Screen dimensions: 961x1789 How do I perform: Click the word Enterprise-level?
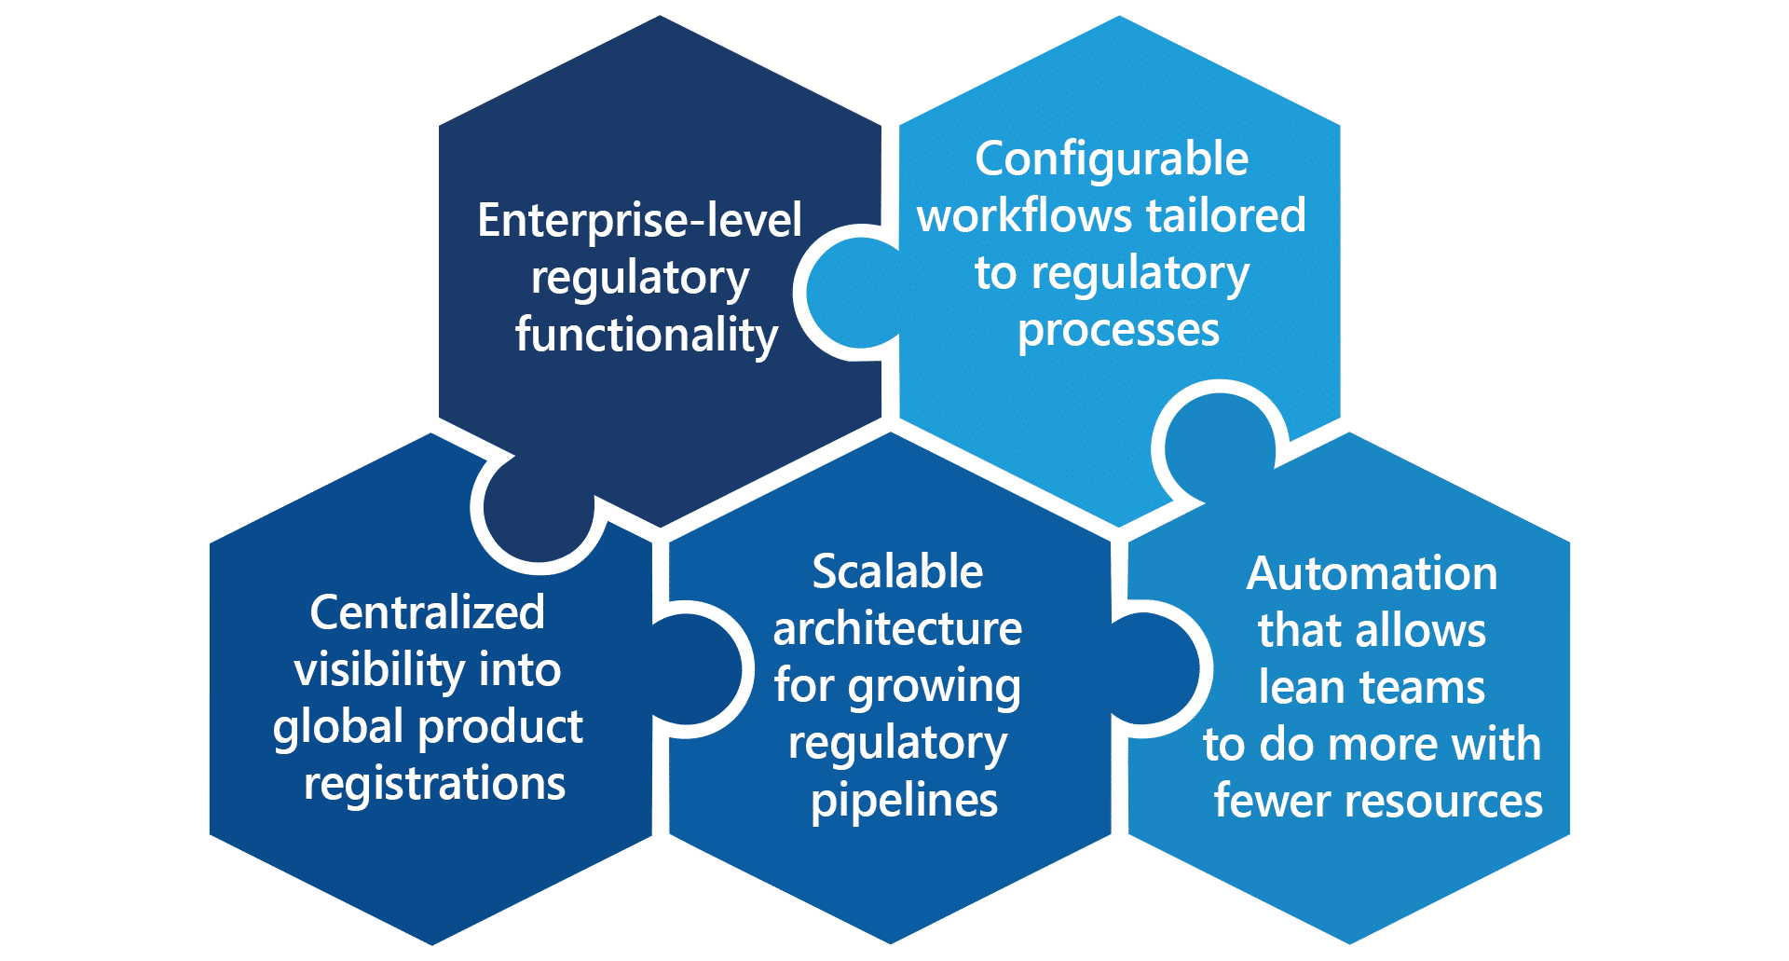[x=639, y=221]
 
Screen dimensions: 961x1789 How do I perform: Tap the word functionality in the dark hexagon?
[x=646, y=336]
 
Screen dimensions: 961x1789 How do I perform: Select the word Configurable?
[x=1112, y=159]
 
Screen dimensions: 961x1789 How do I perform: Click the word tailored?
[x=1226, y=216]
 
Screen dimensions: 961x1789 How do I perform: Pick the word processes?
[x=1118, y=331]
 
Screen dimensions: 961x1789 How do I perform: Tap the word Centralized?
[x=427, y=612]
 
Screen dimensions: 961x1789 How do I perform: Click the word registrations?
[x=434, y=784]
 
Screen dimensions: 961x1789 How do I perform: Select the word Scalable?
[x=897, y=571]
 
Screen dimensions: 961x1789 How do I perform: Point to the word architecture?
[x=897, y=629]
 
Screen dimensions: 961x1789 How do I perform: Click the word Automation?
[x=1372, y=573]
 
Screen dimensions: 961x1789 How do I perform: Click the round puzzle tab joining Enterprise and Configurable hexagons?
[x=853, y=293]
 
